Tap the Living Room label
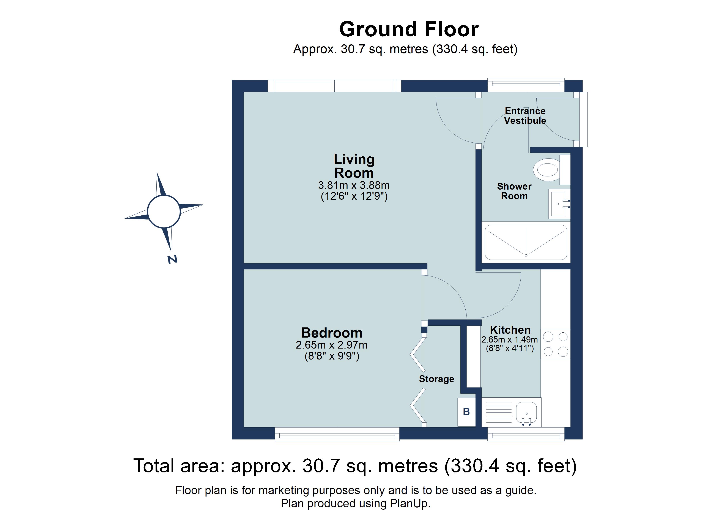[354, 166]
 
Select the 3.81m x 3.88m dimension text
[354, 185]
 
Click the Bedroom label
[332, 333]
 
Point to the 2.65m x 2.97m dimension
[332, 345]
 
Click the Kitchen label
[510, 330]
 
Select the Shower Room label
[514, 191]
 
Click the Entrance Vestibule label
[525, 116]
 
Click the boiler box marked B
[466, 412]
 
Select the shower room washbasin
[558, 204]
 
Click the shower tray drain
[526, 255]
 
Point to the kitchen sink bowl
[526, 413]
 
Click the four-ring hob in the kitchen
[555, 344]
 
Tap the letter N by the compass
[172, 259]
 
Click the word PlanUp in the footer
[409, 503]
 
